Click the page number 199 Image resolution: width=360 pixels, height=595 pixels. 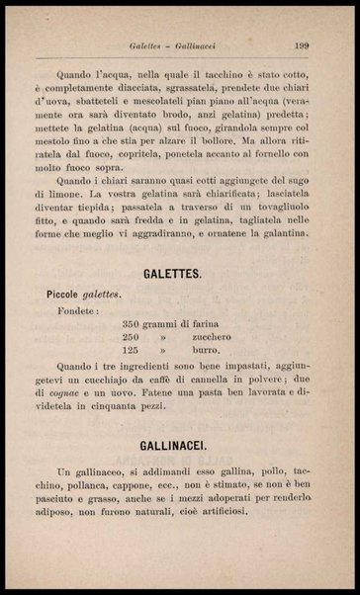coord(303,44)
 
